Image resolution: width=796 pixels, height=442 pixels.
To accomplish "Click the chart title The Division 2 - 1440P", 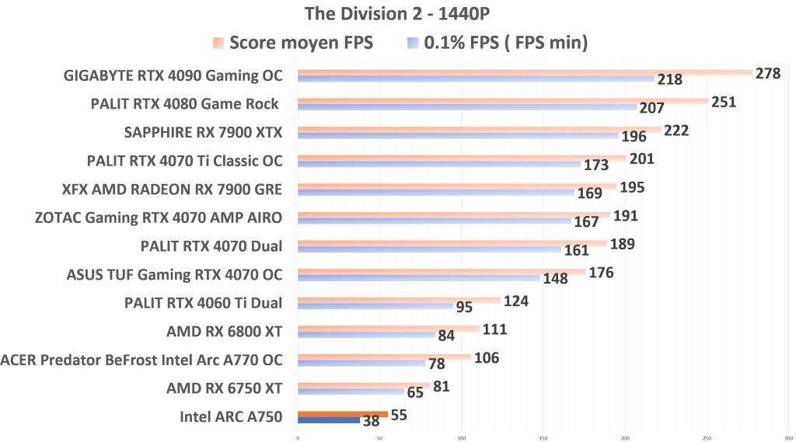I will [x=398, y=13].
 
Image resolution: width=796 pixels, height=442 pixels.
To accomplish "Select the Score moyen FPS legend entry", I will [x=301, y=43].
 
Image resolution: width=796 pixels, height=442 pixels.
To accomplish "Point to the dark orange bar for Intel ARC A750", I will [x=342, y=414].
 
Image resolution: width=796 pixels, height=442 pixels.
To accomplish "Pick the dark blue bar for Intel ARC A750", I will [x=328, y=420].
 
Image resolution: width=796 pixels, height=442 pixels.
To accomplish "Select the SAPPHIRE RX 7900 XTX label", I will [x=203, y=132].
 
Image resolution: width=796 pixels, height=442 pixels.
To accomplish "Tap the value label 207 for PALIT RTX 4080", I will [x=651, y=109].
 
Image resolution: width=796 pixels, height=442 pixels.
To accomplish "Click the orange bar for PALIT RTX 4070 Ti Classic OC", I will [x=462, y=158].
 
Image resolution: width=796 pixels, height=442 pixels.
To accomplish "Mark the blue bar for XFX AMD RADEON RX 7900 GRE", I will [x=435, y=193].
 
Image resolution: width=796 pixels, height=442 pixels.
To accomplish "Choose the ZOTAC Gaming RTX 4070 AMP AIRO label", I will [x=159, y=218].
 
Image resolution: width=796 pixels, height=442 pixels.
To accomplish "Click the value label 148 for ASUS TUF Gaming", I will [x=555, y=278].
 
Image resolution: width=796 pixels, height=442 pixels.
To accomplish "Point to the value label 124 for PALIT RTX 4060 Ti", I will [x=516, y=300].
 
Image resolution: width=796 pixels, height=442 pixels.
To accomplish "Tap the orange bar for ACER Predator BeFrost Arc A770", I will [x=384, y=357].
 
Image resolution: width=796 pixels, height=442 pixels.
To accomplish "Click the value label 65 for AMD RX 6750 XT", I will [x=416, y=392].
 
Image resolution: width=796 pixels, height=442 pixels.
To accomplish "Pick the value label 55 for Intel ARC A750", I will [x=399, y=415].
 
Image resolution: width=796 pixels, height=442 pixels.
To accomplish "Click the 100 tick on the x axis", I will [x=461, y=437].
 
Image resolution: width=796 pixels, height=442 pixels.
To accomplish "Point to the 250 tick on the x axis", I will [x=707, y=437].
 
